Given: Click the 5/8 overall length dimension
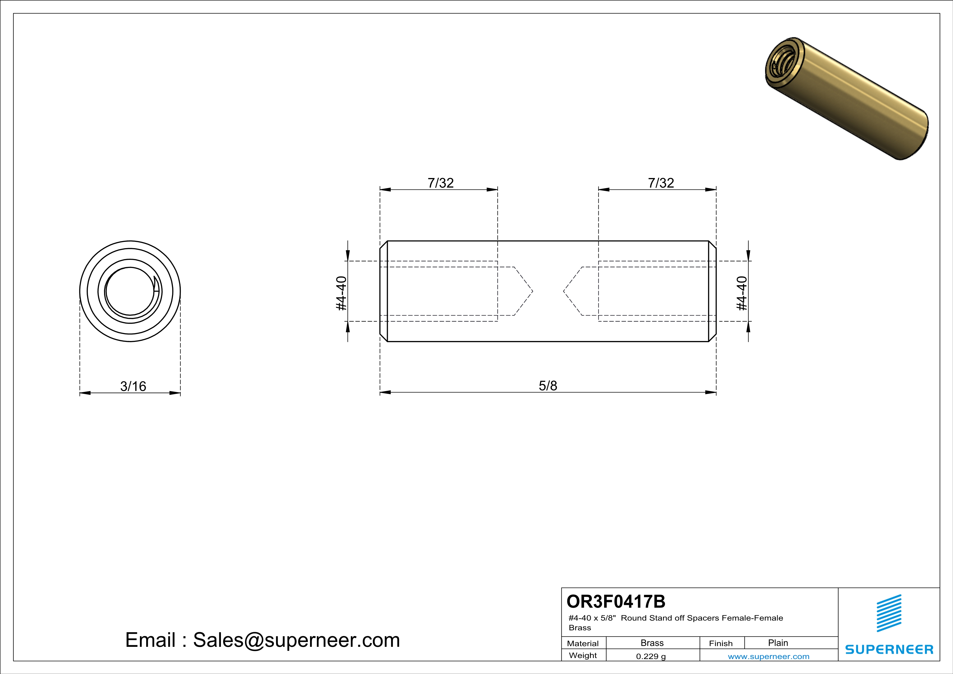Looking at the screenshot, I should (548, 386).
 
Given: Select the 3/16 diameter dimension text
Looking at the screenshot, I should (133, 386).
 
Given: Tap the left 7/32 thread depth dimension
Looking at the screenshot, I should (440, 183).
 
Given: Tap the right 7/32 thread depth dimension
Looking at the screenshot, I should (661, 183).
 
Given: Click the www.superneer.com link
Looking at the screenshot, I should (768, 656).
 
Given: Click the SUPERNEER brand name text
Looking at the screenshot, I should (889, 649).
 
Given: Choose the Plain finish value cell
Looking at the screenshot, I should (777, 643).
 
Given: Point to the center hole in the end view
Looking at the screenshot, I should (130, 291).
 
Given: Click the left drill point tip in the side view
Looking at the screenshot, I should (532, 291).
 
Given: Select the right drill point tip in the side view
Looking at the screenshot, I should (564, 291).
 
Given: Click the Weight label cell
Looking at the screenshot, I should (583, 655).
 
